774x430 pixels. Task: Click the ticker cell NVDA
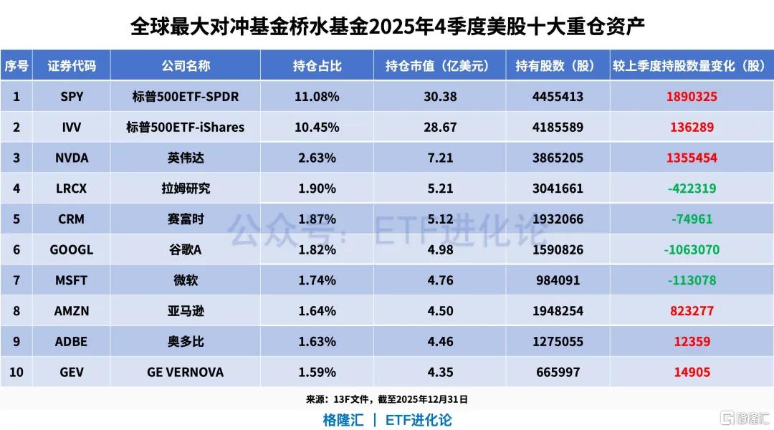click(71, 158)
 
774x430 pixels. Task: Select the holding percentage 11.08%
click(316, 96)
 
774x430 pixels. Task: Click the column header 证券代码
click(71, 66)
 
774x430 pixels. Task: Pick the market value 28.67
click(439, 127)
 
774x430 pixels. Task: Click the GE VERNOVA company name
click(185, 372)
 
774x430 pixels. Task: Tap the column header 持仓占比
click(316, 66)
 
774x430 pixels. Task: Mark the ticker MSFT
click(71, 280)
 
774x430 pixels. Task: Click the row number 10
click(16, 372)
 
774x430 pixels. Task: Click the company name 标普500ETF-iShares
click(185, 127)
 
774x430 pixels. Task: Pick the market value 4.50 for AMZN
click(439, 311)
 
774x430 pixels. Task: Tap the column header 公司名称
click(185, 66)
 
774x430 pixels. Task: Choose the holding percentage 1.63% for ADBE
click(316, 341)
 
